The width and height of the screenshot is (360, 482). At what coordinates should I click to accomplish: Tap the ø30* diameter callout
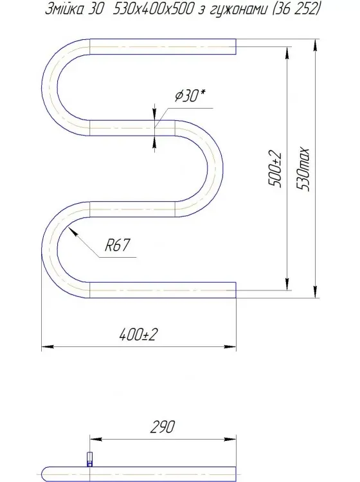click(190, 97)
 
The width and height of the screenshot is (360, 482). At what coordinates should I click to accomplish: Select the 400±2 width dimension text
click(139, 335)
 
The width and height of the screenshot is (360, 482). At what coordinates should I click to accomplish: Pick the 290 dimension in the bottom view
click(161, 427)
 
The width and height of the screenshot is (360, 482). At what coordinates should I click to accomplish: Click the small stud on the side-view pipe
click(89, 458)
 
